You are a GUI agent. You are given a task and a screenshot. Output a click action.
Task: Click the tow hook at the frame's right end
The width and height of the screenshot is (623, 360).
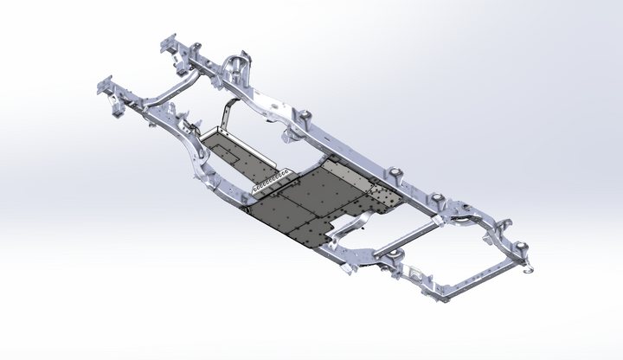525,267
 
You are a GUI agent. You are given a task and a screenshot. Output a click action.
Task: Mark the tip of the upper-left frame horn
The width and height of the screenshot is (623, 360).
164,42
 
